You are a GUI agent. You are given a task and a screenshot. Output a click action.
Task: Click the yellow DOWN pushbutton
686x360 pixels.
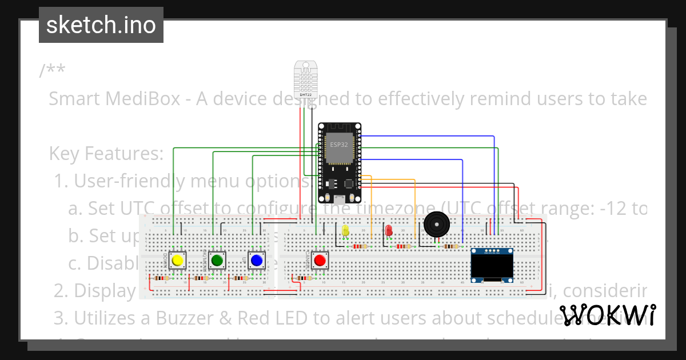(178, 261)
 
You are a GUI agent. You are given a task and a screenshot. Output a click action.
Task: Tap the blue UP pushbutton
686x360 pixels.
(256, 261)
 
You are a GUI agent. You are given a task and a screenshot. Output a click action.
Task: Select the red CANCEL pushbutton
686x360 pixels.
(320, 261)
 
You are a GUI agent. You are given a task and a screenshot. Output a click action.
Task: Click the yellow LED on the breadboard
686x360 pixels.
(345, 230)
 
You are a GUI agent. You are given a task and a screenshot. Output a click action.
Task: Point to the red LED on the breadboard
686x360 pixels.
(389, 230)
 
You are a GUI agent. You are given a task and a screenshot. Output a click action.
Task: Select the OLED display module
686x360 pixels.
(492, 265)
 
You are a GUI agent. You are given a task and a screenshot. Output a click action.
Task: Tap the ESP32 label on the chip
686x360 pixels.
(338, 145)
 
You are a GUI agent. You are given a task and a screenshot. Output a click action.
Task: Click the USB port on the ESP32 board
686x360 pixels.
(340, 200)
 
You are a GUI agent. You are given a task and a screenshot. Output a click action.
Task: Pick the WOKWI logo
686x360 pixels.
(607, 315)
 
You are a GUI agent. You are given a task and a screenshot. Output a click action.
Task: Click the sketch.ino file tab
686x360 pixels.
(101, 25)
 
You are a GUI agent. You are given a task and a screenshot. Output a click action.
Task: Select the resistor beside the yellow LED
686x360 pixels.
(360, 246)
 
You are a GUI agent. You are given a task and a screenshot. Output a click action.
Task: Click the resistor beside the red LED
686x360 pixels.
(404, 246)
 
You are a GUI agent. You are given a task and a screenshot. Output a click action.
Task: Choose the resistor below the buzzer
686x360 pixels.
(450, 246)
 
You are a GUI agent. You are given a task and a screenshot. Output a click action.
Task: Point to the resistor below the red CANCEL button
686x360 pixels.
(304, 278)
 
